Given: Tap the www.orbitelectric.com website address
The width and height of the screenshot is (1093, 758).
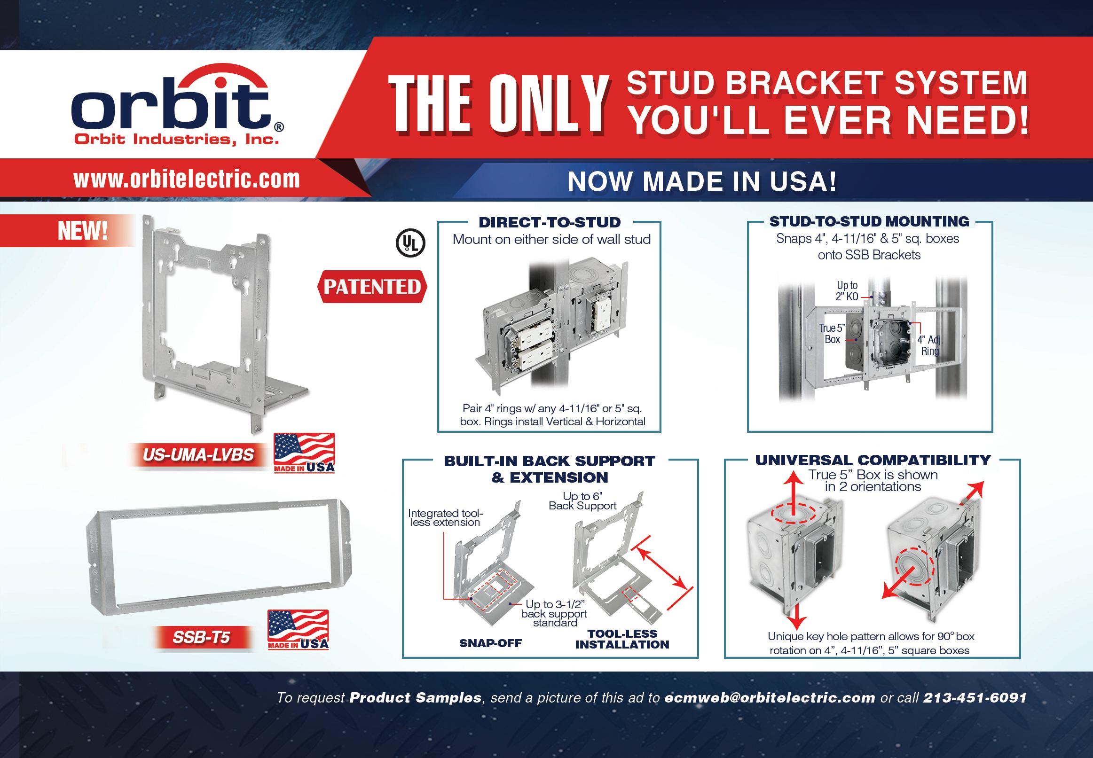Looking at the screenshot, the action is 187,180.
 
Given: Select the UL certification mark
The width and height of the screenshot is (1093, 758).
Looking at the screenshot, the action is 410,243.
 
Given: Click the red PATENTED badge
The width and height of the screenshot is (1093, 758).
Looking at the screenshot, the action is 372,286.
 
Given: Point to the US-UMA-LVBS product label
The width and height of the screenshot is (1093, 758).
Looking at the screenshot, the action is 198,455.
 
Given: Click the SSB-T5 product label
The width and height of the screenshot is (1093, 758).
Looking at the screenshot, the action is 201,637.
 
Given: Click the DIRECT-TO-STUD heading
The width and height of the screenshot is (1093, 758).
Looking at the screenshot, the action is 550,222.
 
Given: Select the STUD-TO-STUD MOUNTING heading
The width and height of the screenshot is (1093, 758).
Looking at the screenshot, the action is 869,221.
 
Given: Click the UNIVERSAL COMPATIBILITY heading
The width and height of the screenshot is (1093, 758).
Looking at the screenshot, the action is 873,460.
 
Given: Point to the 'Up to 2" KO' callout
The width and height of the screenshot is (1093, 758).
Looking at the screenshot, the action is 847,291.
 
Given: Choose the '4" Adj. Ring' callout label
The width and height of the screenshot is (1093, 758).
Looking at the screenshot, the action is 929,345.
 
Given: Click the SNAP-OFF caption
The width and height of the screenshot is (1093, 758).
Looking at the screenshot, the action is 490,643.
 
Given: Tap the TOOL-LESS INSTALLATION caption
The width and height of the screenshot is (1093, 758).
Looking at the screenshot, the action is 622,639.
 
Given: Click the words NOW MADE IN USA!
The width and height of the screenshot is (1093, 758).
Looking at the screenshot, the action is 702,181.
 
